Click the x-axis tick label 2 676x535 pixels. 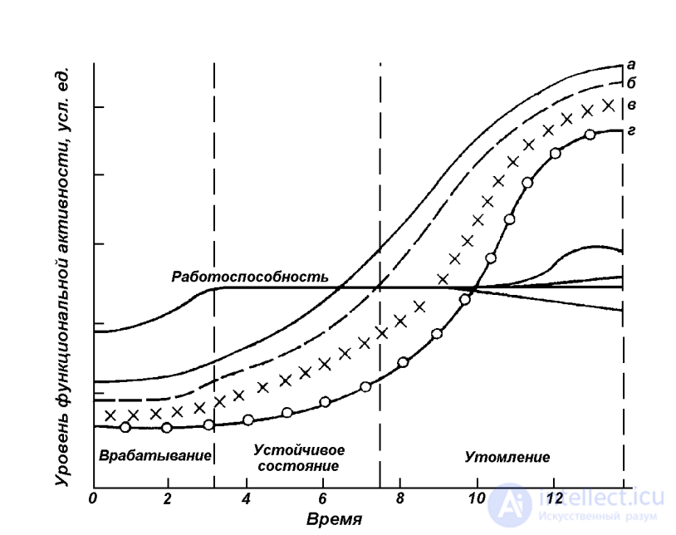[x=168, y=499]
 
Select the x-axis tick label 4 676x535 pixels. [x=246, y=499]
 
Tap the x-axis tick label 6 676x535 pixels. [x=322, y=499]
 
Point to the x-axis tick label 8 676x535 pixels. [x=399, y=499]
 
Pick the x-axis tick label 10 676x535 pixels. [x=477, y=499]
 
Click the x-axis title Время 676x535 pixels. [x=333, y=520]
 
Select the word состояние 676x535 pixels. [x=298, y=465]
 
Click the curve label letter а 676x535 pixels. [x=632, y=63]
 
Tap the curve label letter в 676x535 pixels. [x=632, y=105]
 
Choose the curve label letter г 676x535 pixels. [x=632, y=130]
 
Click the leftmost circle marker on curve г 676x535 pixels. [x=125, y=427]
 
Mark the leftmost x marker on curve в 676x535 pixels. [x=110, y=415]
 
